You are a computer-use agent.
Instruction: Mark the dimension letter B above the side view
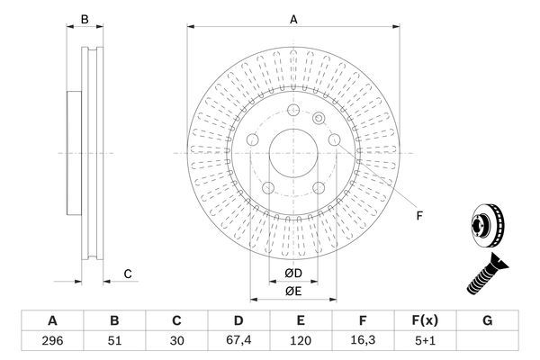[85, 18]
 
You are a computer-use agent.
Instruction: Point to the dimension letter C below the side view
[128, 274]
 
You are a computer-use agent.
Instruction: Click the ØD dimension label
[294, 272]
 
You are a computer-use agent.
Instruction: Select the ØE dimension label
[294, 291]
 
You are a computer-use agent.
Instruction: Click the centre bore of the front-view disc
[293, 153]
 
